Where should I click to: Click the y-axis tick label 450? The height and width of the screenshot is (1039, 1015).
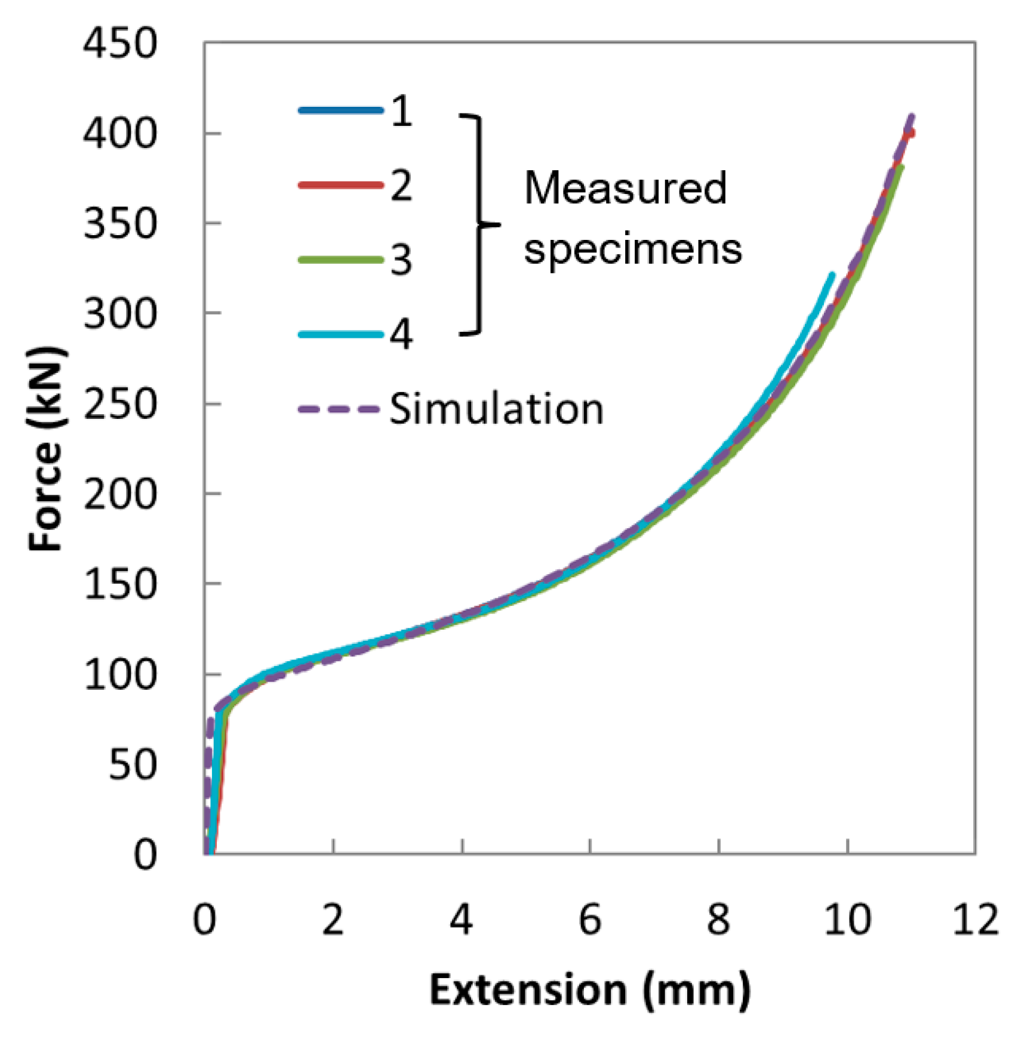(x=119, y=44)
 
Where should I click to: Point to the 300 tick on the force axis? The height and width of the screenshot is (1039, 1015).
(x=119, y=314)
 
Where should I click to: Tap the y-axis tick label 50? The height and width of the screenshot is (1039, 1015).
(x=132, y=764)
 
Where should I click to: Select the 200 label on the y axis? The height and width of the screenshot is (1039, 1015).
(x=119, y=495)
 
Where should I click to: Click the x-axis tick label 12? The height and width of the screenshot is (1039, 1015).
(x=974, y=920)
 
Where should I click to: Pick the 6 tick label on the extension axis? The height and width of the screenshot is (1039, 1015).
(x=589, y=920)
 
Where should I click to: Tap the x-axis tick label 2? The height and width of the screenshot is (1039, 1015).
(x=333, y=920)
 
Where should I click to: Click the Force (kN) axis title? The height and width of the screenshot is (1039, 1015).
(x=46, y=448)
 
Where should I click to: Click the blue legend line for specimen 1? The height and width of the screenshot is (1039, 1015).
(x=340, y=110)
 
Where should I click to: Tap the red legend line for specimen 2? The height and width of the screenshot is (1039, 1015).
(x=340, y=185)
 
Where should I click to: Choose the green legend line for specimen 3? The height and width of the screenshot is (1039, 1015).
(x=340, y=260)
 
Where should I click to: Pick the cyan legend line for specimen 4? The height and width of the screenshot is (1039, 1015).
(x=340, y=335)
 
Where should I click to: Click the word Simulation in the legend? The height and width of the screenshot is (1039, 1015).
(x=496, y=409)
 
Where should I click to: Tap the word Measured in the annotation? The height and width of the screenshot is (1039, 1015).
(x=625, y=187)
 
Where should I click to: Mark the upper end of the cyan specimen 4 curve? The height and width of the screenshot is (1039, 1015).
(x=832, y=275)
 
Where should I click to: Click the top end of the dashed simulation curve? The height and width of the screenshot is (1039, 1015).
(x=912, y=116)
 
